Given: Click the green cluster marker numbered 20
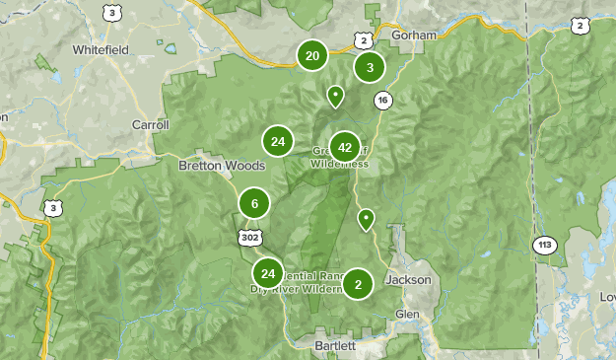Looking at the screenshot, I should click(312, 55).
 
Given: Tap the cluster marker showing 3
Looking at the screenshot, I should click(370, 67).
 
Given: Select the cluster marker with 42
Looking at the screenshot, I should click(345, 147).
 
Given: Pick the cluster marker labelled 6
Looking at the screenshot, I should click(254, 204).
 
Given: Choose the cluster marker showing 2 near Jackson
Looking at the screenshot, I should click(358, 285).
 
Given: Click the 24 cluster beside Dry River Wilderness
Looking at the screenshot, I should click(268, 273).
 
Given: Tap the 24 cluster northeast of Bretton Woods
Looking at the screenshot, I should click(278, 141).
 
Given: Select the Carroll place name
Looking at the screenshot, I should click(151, 125).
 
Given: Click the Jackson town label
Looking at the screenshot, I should click(408, 280).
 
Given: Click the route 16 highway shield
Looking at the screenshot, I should click(382, 100).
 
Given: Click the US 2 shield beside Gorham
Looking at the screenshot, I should click(365, 39).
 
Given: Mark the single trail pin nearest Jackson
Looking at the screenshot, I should click(367, 219).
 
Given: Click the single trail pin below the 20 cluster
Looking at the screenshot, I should click(335, 96).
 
